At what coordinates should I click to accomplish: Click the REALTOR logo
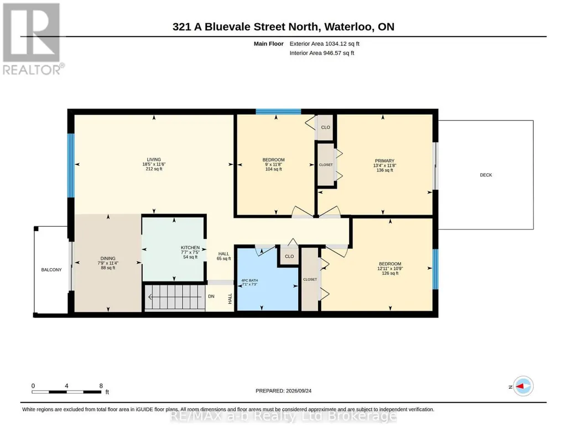[x=32, y=39]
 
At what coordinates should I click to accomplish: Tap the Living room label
[x=154, y=164]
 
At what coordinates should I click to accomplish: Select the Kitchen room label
[x=190, y=252]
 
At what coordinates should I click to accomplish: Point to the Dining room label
[x=108, y=263]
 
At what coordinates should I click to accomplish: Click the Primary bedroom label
[x=384, y=165]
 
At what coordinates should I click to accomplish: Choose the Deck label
[x=486, y=175]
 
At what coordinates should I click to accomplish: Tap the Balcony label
[x=51, y=269]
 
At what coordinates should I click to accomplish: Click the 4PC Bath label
[x=249, y=282]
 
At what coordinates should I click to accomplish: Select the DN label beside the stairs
[x=211, y=296]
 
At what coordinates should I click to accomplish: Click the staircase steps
[x=175, y=298]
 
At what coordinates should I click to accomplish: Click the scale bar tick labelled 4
[x=66, y=386]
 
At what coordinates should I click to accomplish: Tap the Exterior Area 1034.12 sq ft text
[x=324, y=44]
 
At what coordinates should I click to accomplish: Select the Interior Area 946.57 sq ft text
[x=322, y=53]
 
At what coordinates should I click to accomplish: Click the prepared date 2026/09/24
[x=299, y=390]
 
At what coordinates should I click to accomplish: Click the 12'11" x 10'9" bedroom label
[x=390, y=269]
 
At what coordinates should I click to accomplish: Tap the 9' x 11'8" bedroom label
[x=273, y=164]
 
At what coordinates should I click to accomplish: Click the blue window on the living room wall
[x=71, y=166]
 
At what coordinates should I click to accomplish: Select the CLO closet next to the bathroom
[x=289, y=256]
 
